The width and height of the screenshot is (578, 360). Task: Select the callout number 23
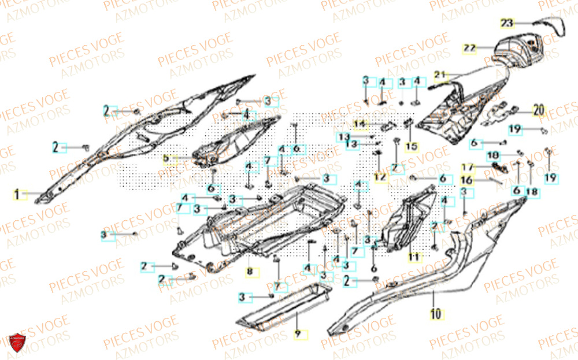tap(506, 23)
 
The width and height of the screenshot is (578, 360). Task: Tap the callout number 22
tap(469, 48)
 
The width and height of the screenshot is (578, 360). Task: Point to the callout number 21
tap(441, 75)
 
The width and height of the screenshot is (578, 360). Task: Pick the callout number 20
tap(539, 109)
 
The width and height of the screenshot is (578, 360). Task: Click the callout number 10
tap(435, 314)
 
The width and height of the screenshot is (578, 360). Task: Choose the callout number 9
tap(298, 334)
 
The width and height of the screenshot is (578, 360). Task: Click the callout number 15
tap(411, 147)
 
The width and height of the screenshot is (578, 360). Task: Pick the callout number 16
tap(466, 180)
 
